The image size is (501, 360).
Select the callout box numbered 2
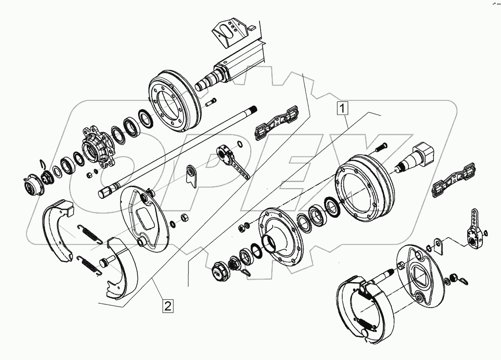point(167,306)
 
